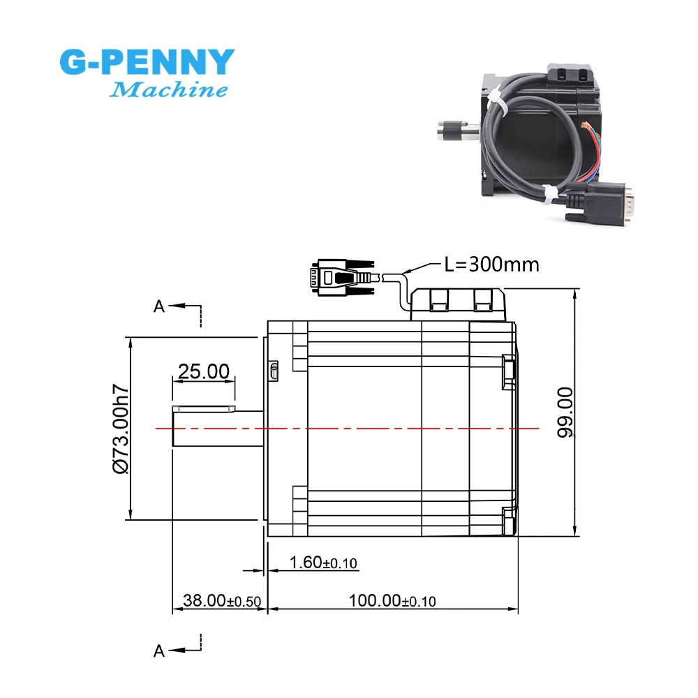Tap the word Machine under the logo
point(170,90)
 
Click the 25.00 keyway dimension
point(203,371)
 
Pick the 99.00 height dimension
point(565,413)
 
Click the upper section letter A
point(159,306)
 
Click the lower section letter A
point(159,651)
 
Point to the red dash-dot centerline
point(349,428)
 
